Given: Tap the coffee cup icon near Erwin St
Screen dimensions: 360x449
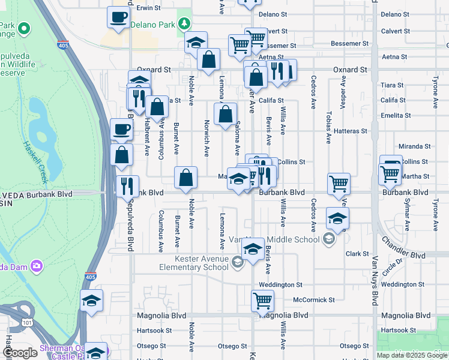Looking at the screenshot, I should [119, 17].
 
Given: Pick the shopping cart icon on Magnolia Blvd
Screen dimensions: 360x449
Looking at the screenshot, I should [263, 301].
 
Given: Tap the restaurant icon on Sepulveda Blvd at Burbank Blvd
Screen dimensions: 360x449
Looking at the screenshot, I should [127, 185].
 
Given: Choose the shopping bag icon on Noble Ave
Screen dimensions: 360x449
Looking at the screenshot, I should [186, 177].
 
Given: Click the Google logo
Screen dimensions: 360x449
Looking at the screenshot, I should [20, 353].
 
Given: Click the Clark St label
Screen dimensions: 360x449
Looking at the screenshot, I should [357, 254].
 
